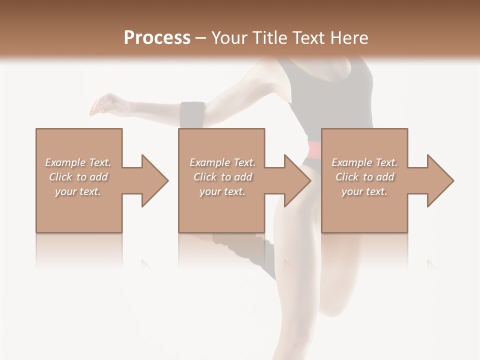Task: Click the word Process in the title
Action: [x=157, y=38]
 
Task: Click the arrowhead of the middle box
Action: [x=297, y=180]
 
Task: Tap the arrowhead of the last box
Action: [x=440, y=180]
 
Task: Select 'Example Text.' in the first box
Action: [x=78, y=162]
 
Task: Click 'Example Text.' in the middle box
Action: [x=222, y=162]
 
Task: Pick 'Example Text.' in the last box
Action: [x=364, y=162]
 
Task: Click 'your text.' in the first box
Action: [x=78, y=191]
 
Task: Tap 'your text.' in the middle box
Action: [x=222, y=191]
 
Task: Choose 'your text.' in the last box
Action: [x=364, y=191]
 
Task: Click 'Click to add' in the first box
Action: [x=78, y=177]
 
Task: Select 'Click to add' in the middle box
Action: [x=222, y=177]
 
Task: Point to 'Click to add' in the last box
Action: [x=364, y=177]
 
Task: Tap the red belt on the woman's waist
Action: [x=314, y=149]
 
